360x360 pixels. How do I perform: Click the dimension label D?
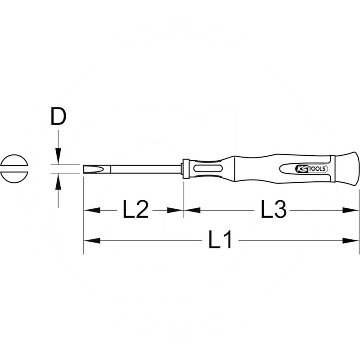tap(58, 117)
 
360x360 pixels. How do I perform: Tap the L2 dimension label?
tap(135, 210)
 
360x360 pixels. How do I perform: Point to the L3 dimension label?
tap(274, 210)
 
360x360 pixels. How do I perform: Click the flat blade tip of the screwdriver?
tap(88, 170)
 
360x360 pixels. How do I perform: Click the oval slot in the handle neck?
tap(207, 169)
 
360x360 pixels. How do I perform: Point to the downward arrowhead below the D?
tap(58, 157)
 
